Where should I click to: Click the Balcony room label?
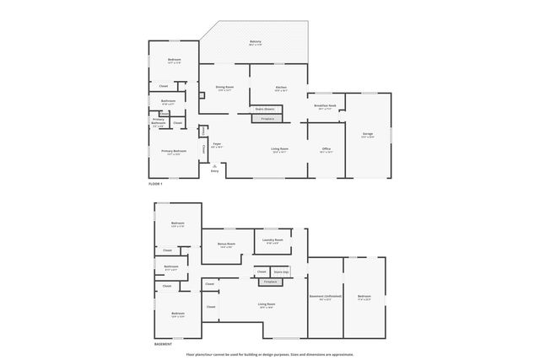point(255,42)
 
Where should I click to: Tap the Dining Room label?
point(224,88)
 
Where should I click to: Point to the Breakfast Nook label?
point(327,106)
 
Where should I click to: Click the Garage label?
point(368,134)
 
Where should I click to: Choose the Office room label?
point(326,149)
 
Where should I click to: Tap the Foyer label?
point(217,144)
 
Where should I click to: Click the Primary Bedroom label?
point(175,152)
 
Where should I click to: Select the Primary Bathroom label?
point(159,121)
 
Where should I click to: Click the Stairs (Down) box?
point(265,109)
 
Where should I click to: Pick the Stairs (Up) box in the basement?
point(280,271)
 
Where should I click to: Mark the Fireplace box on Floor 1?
point(267,119)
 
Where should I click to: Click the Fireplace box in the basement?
point(270,282)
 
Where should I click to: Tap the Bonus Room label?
point(225,244)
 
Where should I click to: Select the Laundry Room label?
point(273,240)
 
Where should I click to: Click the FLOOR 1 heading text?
point(154,183)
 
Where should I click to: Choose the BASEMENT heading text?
point(164,344)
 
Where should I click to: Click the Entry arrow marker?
point(214,166)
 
